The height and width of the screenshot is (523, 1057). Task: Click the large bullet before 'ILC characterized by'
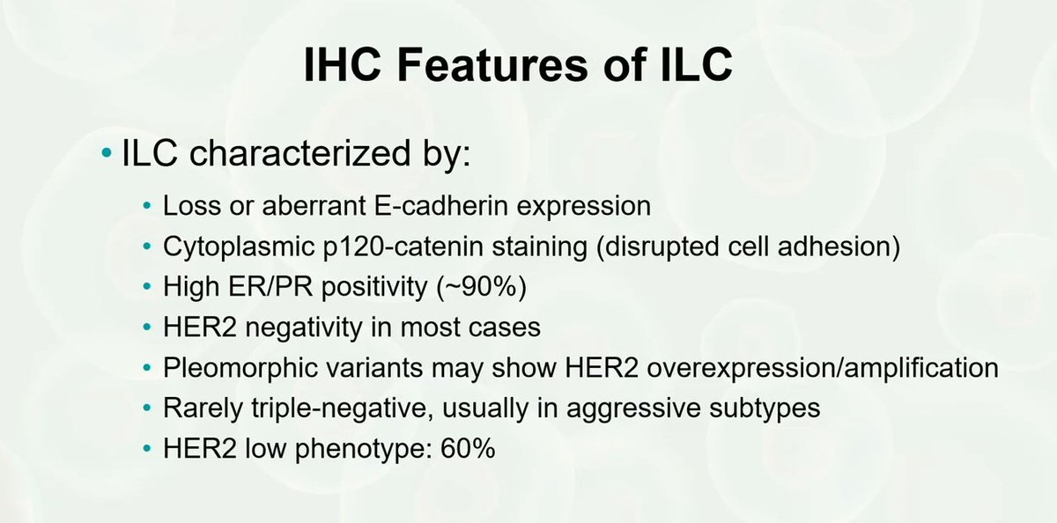coord(107,158)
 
